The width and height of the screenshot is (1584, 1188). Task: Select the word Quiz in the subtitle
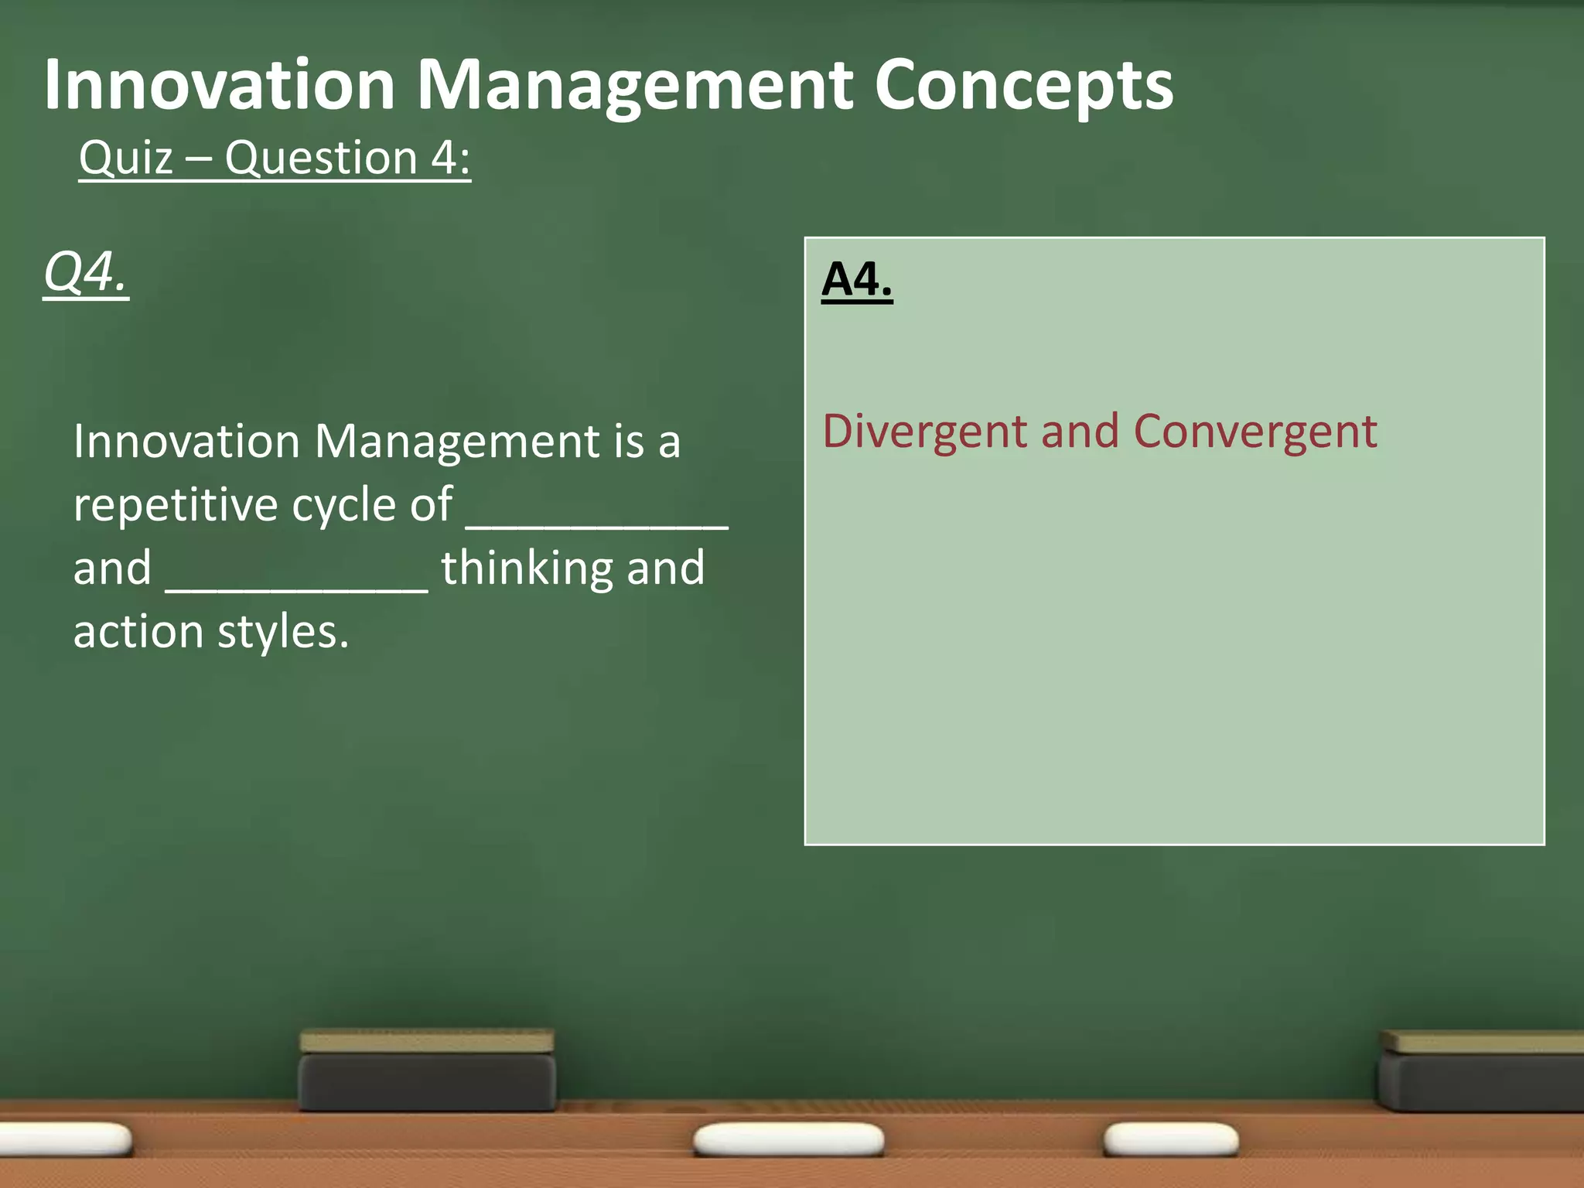click(126, 159)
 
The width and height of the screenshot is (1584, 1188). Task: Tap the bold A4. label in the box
click(857, 279)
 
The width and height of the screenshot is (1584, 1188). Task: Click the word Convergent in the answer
click(1255, 432)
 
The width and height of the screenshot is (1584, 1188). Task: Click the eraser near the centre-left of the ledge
click(427, 1071)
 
